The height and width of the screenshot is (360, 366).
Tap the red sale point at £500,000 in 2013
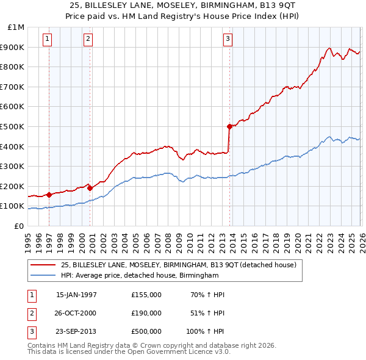tap(229, 126)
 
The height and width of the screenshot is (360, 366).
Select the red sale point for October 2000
tap(90, 188)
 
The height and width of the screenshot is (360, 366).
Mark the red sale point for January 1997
tap(49, 195)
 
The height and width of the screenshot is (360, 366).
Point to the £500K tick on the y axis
tap(13, 126)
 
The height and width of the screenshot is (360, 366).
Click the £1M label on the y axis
tap(16, 27)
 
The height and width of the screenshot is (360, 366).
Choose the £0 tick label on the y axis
tap(19, 226)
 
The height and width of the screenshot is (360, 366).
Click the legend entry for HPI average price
tap(139, 276)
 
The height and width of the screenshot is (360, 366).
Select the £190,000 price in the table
tap(146, 313)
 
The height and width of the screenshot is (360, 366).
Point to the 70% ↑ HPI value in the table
tap(207, 295)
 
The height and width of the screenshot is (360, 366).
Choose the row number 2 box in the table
tap(31, 313)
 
